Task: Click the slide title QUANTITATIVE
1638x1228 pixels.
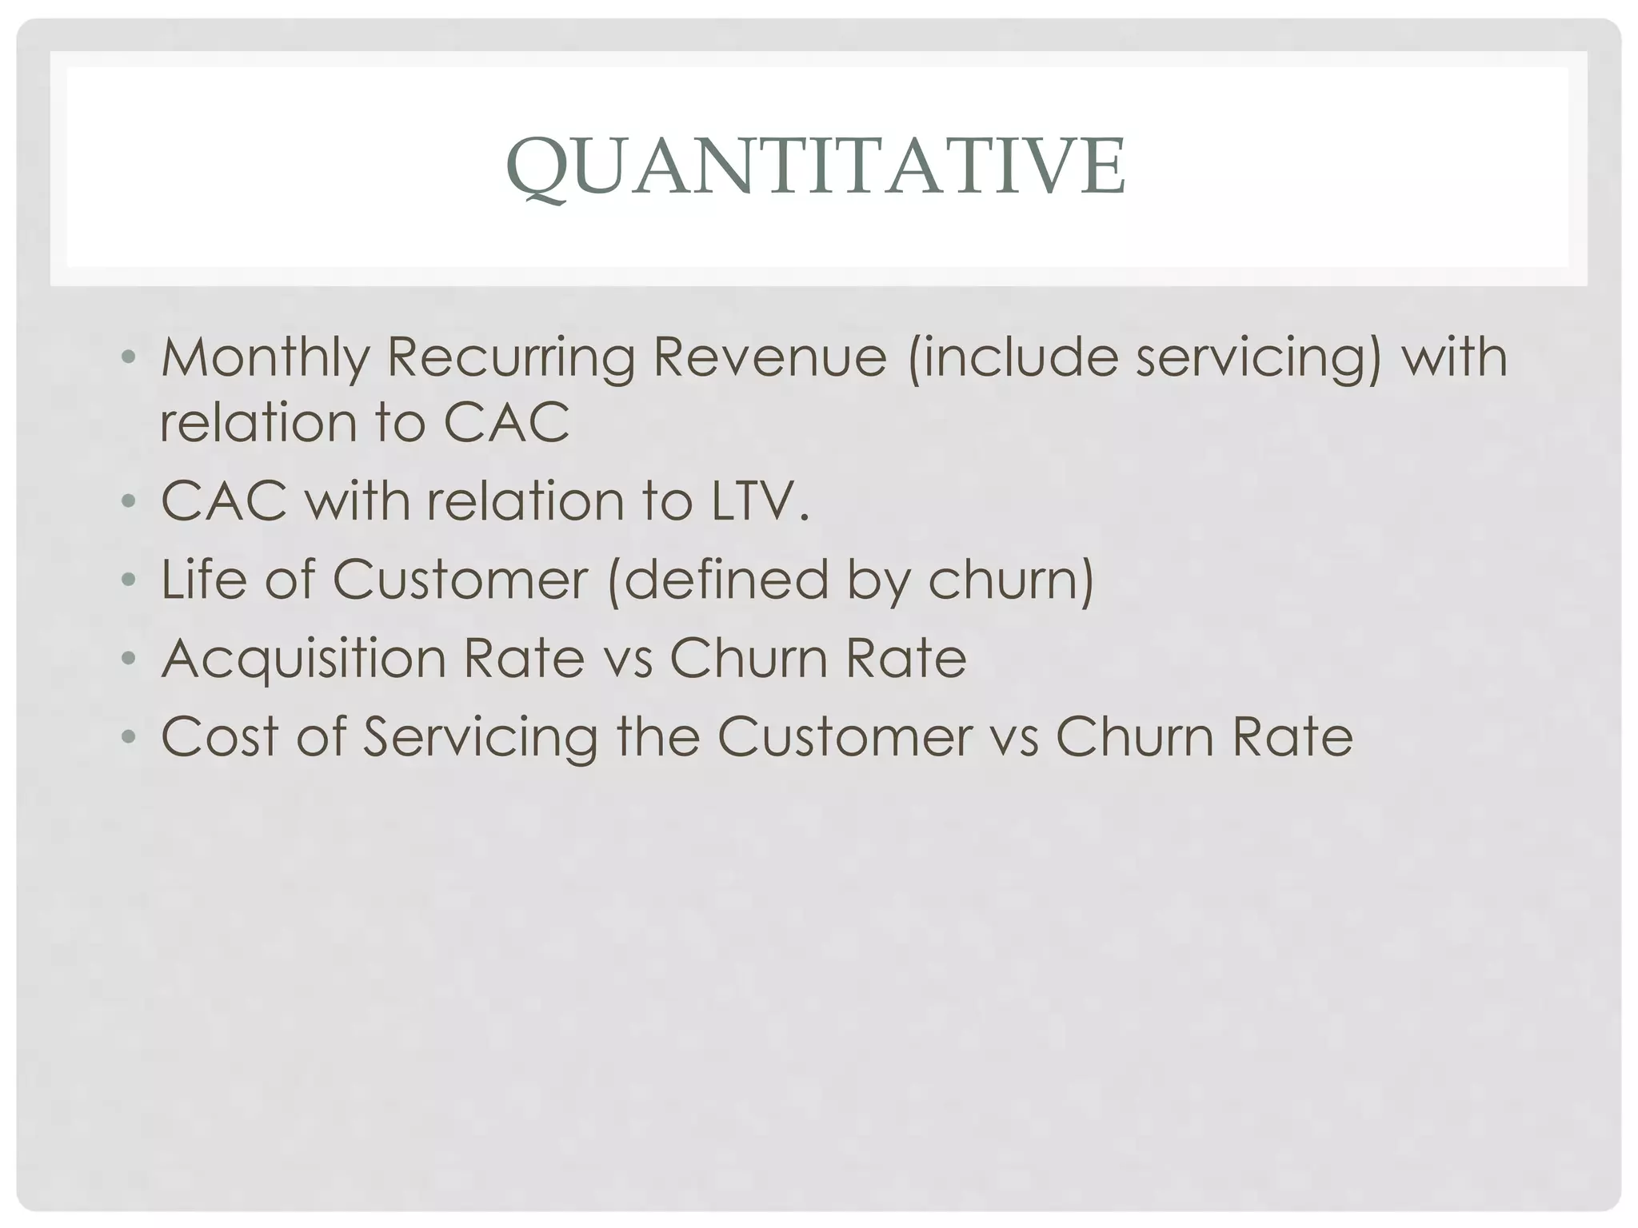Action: (x=817, y=166)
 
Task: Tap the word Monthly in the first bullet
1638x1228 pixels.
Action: (x=264, y=357)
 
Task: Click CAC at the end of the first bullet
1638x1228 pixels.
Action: (x=506, y=422)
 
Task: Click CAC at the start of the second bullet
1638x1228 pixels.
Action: (x=224, y=501)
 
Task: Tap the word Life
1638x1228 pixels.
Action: (x=204, y=579)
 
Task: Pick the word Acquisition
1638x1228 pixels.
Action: (x=304, y=658)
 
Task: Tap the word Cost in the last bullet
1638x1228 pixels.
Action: (x=220, y=736)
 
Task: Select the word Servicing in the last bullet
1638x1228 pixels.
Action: (x=481, y=736)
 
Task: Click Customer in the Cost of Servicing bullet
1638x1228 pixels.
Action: (x=845, y=736)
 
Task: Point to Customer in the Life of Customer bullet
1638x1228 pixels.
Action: (x=461, y=579)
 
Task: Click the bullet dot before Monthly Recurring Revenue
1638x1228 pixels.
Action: (x=129, y=357)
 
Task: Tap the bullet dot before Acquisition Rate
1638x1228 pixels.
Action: (x=129, y=658)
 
